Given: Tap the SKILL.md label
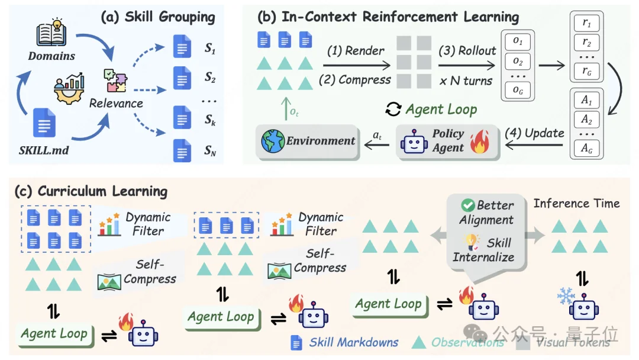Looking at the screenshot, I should coord(43,150).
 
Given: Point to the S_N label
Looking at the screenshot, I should coord(211,152).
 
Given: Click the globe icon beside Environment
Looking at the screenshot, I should coord(273,142).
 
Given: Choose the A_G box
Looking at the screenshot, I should coord(587,149).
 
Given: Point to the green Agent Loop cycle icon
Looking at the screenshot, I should coord(393,109).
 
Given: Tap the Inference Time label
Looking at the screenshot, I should coord(576,204).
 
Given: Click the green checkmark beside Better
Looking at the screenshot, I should coord(469,205).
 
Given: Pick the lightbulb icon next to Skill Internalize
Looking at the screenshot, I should coord(471,243).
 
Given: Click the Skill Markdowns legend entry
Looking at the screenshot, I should coord(353,342).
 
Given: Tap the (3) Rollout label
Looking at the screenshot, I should coord(467,51).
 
